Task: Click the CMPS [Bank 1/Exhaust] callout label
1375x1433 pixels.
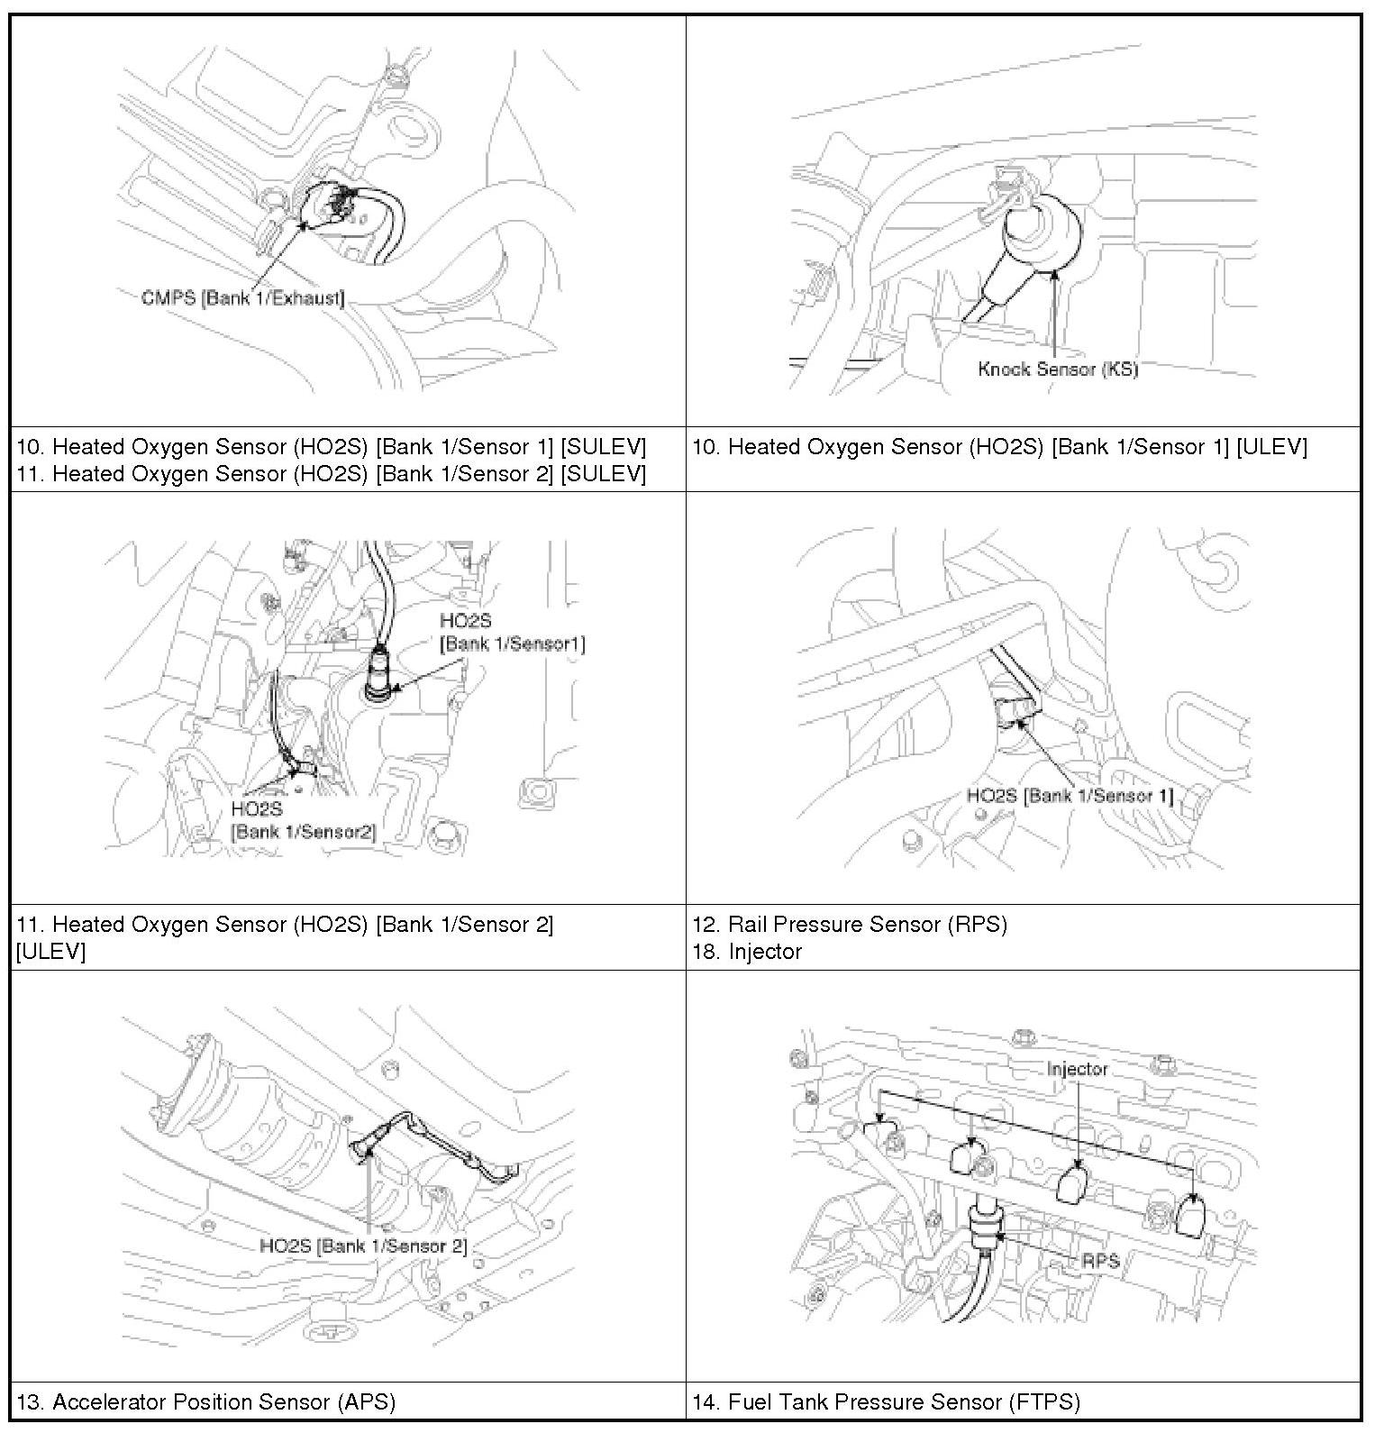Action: click(x=242, y=297)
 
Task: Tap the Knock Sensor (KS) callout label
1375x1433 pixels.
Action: click(x=1058, y=369)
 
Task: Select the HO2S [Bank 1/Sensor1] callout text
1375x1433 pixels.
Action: click(x=511, y=633)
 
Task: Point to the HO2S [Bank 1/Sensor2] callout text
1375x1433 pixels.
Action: click(x=302, y=820)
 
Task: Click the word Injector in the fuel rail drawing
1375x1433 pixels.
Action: click(x=1077, y=1069)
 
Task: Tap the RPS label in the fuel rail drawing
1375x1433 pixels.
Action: click(x=1100, y=1260)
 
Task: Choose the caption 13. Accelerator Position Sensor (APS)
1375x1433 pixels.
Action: click(x=206, y=1401)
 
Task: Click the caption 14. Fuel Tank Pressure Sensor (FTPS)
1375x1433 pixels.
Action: click(x=886, y=1401)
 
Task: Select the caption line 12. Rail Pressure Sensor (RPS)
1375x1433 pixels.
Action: click(x=850, y=924)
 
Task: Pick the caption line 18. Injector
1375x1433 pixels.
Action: click(x=747, y=951)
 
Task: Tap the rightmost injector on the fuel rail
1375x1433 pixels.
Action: click(x=1191, y=1217)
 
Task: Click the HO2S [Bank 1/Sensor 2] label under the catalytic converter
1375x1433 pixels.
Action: click(x=363, y=1246)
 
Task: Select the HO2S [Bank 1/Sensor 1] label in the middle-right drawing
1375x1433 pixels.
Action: click(x=1070, y=796)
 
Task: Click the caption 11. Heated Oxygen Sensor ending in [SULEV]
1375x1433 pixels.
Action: click(x=331, y=474)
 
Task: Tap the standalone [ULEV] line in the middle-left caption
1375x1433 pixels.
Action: click(x=50, y=951)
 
